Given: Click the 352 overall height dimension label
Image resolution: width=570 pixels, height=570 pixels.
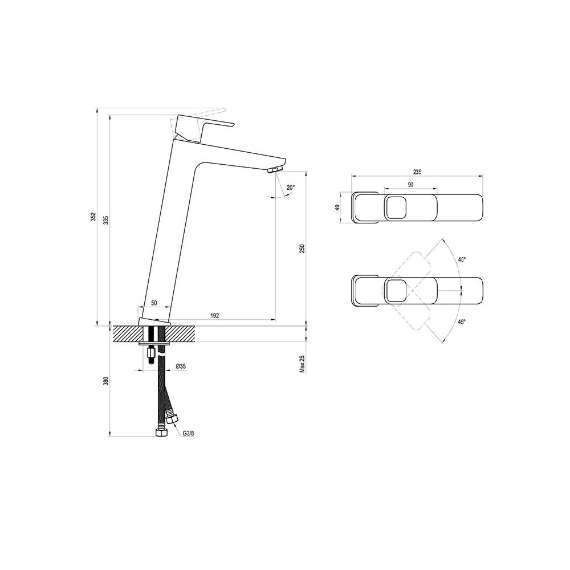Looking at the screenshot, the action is point(93,217).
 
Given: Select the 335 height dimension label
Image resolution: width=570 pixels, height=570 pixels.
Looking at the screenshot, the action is point(106,221).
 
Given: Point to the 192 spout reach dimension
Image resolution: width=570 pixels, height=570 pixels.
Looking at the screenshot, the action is point(215,315).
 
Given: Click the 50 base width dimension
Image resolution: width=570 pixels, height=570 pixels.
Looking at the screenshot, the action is point(154,303).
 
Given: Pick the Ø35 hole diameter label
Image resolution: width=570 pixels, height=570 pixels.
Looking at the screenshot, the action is point(181,367).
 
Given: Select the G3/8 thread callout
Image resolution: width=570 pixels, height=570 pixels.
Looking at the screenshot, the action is point(188,433).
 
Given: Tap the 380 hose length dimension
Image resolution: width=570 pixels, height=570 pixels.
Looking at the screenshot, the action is point(106,381).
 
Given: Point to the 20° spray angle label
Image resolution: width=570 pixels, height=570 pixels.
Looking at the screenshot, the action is point(291,188).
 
